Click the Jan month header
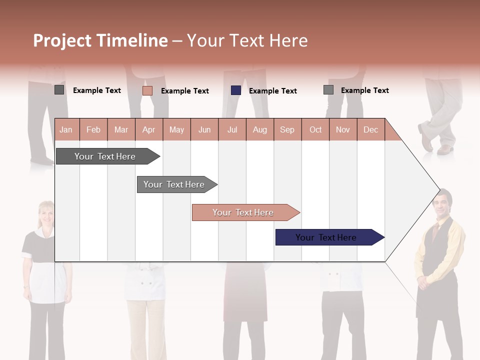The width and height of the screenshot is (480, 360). (x=66, y=129)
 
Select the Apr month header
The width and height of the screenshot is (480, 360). (x=149, y=129)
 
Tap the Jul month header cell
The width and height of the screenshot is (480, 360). (x=232, y=129)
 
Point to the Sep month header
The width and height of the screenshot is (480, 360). (x=287, y=129)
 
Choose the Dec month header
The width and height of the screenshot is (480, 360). (x=370, y=129)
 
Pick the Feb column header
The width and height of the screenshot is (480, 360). (x=93, y=129)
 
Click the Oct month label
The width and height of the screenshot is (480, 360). (x=315, y=129)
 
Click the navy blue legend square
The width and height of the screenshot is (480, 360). (x=236, y=90)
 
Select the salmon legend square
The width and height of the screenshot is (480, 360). (x=147, y=90)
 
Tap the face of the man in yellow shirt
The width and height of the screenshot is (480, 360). (x=441, y=204)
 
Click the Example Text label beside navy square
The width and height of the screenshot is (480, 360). (x=272, y=91)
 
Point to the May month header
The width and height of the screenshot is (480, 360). (x=176, y=129)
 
